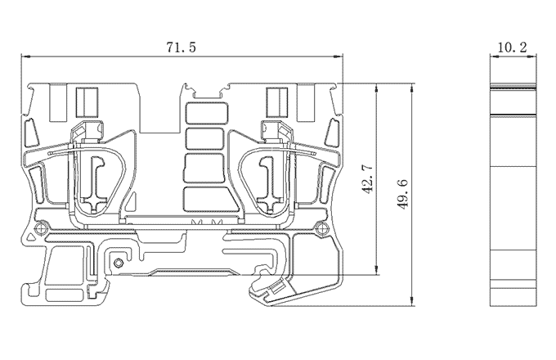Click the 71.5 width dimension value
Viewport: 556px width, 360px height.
click(182, 48)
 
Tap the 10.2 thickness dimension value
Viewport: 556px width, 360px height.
click(512, 48)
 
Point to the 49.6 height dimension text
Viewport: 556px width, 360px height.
click(401, 194)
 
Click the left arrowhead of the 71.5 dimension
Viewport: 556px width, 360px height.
click(25, 56)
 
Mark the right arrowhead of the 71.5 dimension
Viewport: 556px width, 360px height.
click(340, 56)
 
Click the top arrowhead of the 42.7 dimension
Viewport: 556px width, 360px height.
click(375, 87)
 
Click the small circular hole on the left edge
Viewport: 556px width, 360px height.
click(38, 227)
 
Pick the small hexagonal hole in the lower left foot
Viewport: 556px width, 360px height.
click(119, 263)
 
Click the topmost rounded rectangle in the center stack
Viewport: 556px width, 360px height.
click(206, 112)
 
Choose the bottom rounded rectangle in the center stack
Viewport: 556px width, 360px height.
click(206, 199)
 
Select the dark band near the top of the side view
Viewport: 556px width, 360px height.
click(512, 87)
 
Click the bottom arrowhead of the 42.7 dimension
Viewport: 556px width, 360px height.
click(375, 269)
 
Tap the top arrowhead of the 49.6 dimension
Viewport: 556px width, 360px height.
click(410, 87)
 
